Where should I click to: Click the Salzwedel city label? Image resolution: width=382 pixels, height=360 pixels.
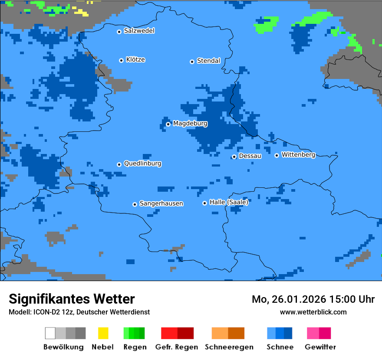[139, 31]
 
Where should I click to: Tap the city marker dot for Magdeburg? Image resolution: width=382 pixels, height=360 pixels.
[168, 124]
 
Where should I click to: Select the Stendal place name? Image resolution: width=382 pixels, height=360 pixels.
[208, 61]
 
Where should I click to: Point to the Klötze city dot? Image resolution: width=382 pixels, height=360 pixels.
[122, 60]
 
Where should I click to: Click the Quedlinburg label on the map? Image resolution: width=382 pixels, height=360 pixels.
[142, 164]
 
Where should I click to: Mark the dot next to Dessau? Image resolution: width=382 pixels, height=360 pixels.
[234, 157]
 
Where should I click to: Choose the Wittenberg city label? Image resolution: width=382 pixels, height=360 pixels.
[298, 155]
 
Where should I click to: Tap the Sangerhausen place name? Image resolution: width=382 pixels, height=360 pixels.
[161, 203]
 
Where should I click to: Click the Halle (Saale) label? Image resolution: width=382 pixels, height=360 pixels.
[229, 202]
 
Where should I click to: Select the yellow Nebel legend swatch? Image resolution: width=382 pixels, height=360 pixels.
[103, 333]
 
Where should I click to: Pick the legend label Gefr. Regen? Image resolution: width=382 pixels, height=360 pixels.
[177, 347]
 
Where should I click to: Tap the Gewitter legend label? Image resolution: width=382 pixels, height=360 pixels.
[320, 347]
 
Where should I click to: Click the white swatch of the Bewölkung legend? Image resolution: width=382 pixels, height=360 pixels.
[50, 333]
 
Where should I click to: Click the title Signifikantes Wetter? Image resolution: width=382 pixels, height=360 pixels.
[72, 299]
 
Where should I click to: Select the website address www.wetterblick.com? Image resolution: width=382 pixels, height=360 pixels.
[313, 312]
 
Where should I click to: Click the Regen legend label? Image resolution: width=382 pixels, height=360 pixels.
[135, 347]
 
